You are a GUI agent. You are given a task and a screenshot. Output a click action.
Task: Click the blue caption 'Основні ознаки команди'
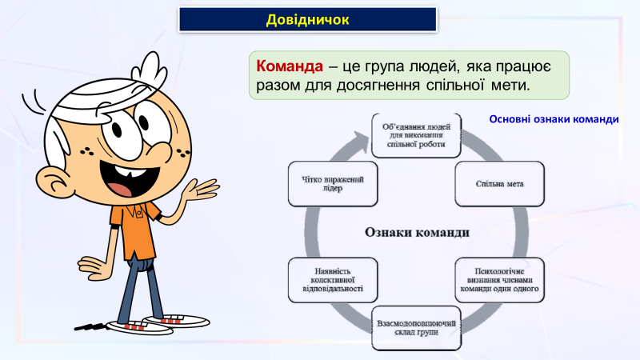(x=554, y=119)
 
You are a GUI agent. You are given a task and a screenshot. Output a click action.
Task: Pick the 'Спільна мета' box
(x=499, y=183)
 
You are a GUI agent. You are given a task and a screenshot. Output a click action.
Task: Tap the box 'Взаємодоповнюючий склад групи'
(x=416, y=328)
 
